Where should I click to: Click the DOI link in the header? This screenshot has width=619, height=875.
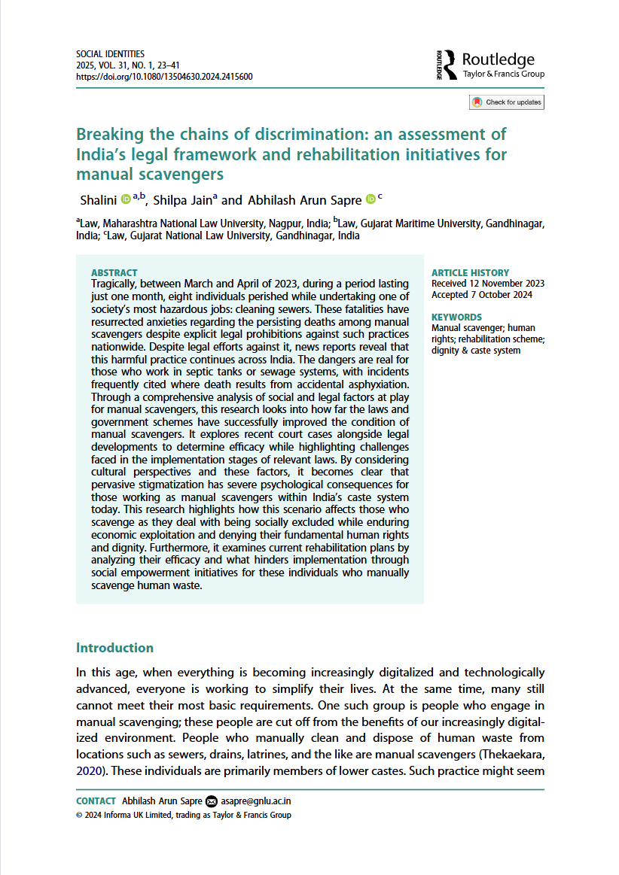click(x=164, y=77)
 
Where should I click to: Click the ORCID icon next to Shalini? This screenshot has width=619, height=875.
click(x=126, y=199)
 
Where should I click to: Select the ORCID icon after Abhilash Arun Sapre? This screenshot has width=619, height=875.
click(x=370, y=199)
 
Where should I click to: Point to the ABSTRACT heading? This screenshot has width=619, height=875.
click(x=114, y=272)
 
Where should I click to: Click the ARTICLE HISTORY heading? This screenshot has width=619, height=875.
click(x=470, y=272)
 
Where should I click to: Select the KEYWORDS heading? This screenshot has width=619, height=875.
click(x=456, y=317)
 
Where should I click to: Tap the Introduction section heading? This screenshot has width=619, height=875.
click(x=114, y=648)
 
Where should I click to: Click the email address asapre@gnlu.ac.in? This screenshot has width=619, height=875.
click(x=260, y=801)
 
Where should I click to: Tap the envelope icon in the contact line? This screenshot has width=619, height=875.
click(x=211, y=801)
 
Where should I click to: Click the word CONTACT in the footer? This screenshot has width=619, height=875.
click(x=96, y=801)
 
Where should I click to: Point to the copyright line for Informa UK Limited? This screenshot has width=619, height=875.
click(x=184, y=815)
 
